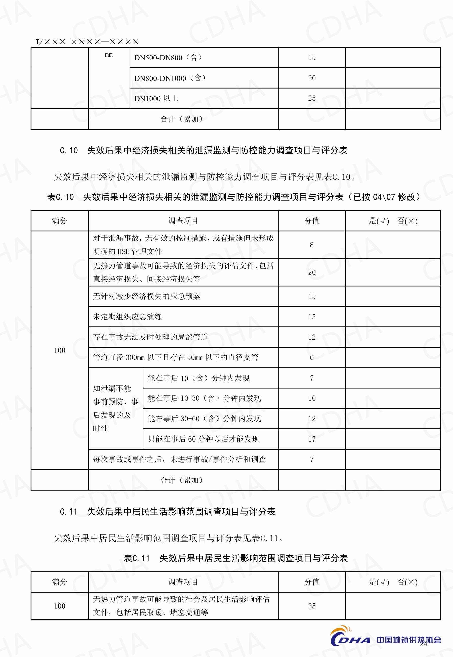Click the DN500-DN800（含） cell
coord(168,58)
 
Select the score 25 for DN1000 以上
coord(312,98)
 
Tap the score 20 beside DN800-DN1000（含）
coord(312,78)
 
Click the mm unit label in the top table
coord(109,55)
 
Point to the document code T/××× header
coord(87,42)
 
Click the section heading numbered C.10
coord(203,150)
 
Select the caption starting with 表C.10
coord(233,197)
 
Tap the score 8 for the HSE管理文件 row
coord(312,245)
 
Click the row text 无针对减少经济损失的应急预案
coord(146,296)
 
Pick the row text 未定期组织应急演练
coord(127,317)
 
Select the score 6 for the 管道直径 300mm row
coord(312,358)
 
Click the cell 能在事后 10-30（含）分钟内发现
coord(204,398)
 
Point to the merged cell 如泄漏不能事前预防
coord(115,408)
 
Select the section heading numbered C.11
coord(168,512)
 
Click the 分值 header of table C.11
coord(312,582)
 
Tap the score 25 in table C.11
coord(312,606)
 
